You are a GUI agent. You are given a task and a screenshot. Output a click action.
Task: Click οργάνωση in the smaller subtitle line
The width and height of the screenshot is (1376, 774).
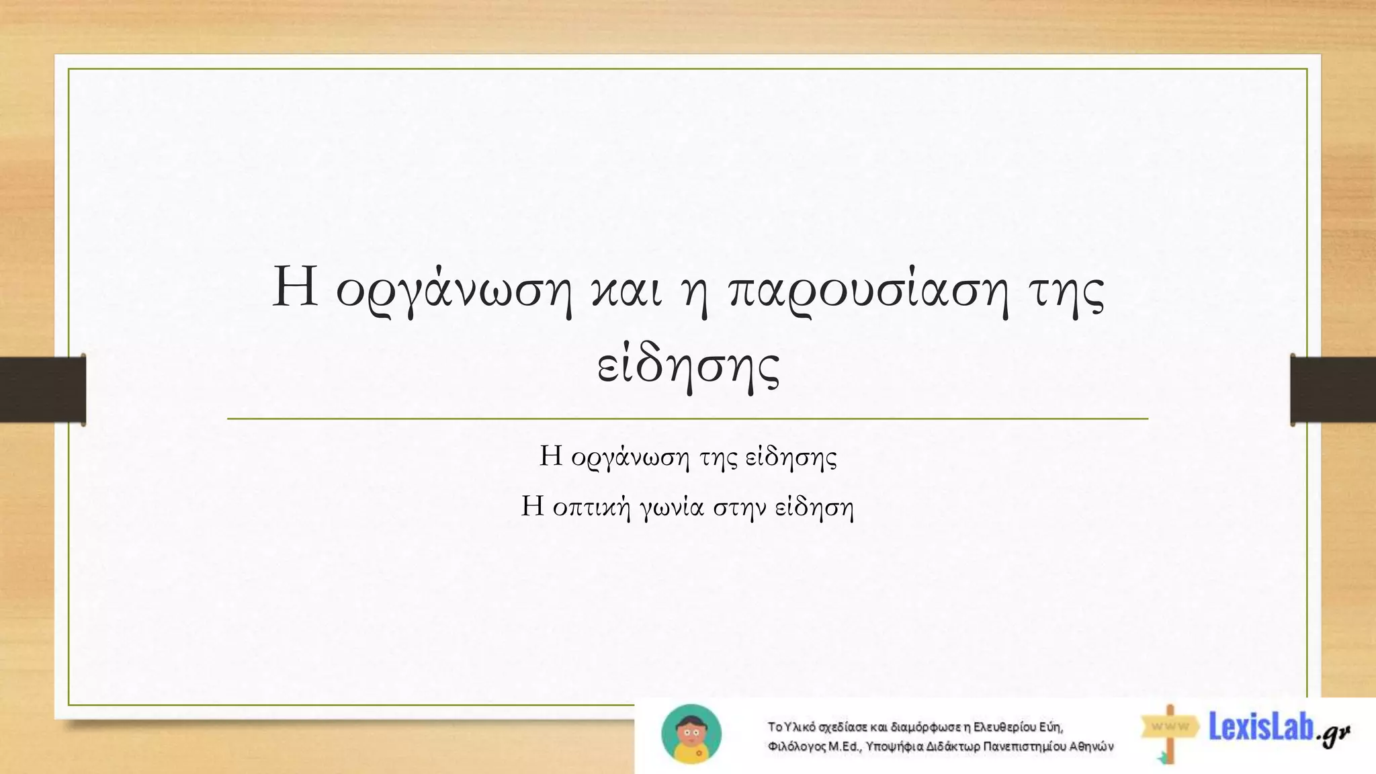coord(630,458)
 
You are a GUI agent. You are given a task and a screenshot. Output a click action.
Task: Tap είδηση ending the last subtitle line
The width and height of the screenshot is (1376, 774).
coord(814,507)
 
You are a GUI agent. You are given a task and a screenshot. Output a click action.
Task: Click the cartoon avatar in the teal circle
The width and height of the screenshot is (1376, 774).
coord(691,734)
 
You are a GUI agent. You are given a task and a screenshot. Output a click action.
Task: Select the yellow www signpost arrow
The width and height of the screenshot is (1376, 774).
coord(1170,726)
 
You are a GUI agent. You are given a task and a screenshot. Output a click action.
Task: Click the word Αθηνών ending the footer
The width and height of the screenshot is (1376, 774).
coord(1092,746)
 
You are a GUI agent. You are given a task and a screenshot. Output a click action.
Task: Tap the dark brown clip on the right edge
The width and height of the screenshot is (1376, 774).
coord(1333,390)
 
